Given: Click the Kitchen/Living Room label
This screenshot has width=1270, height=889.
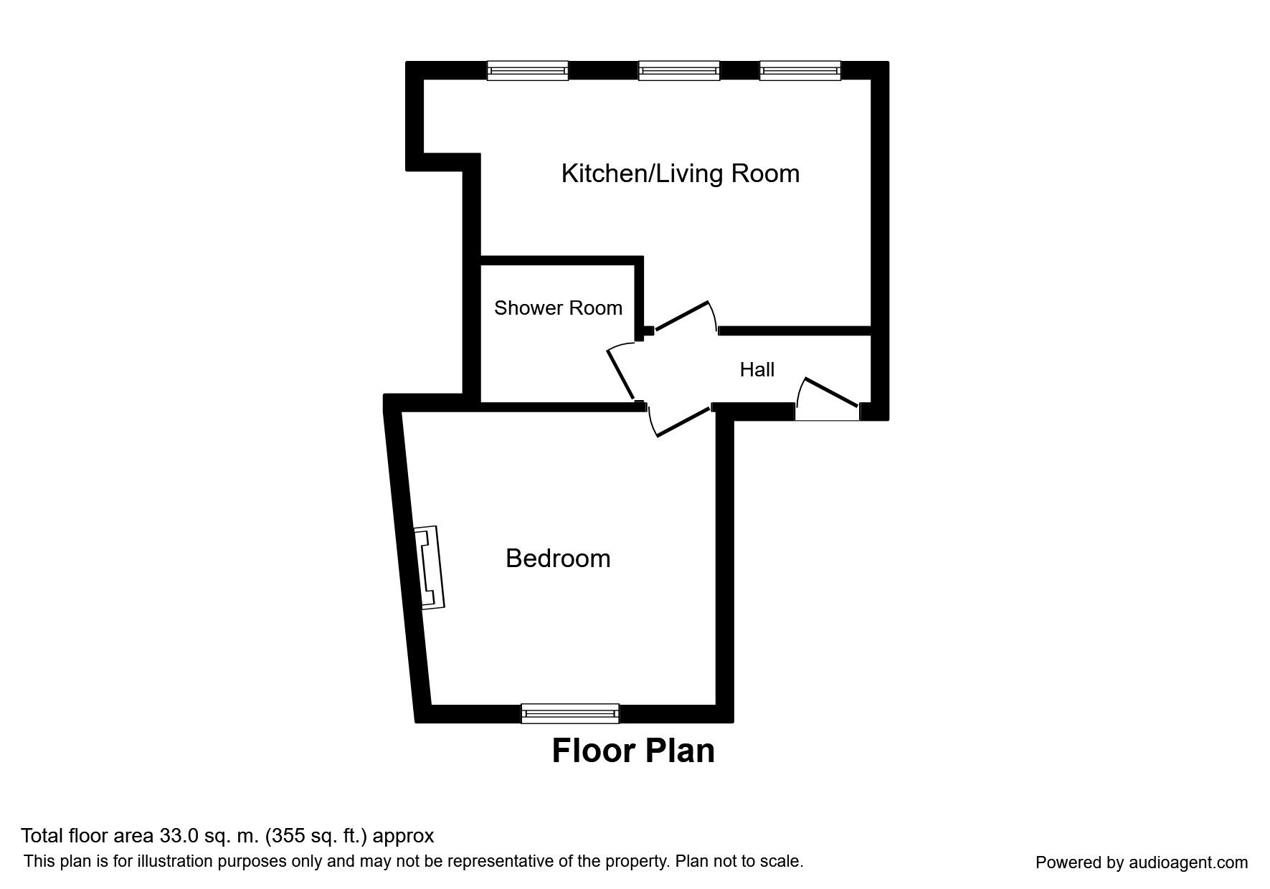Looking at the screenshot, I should (x=680, y=173).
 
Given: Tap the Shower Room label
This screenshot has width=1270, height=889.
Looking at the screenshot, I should (x=558, y=308).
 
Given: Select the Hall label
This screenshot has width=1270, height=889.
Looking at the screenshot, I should (x=757, y=370).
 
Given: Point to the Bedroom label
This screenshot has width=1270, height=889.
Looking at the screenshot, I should (x=558, y=558).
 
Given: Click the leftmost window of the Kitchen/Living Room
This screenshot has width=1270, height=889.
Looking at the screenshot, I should (x=528, y=70).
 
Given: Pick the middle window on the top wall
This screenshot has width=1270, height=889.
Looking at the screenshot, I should (x=678, y=70).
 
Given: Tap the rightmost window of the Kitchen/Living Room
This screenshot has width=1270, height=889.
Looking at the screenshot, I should (x=800, y=70).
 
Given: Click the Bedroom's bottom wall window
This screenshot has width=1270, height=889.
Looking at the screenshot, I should (x=570, y=713).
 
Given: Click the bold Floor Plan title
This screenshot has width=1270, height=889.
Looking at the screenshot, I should (x=633, y=751).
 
